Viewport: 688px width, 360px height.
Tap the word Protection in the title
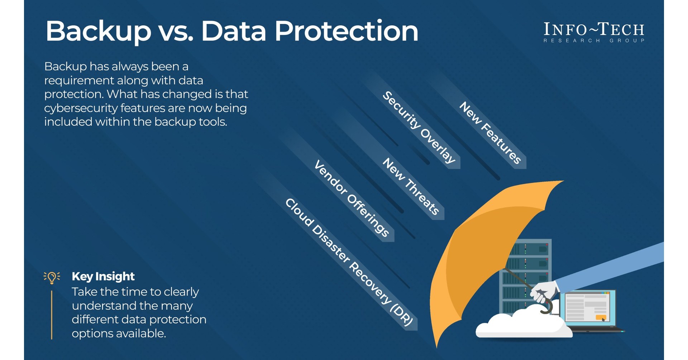point(346,31)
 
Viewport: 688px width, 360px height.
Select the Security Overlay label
point(419,128)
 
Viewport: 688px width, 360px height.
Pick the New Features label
point(490,133)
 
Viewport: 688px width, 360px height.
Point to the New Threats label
point(411,186)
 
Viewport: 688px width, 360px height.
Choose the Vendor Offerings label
point(352,198)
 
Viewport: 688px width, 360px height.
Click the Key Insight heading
point(103,277)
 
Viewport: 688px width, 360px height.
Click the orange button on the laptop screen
point(601,317)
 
